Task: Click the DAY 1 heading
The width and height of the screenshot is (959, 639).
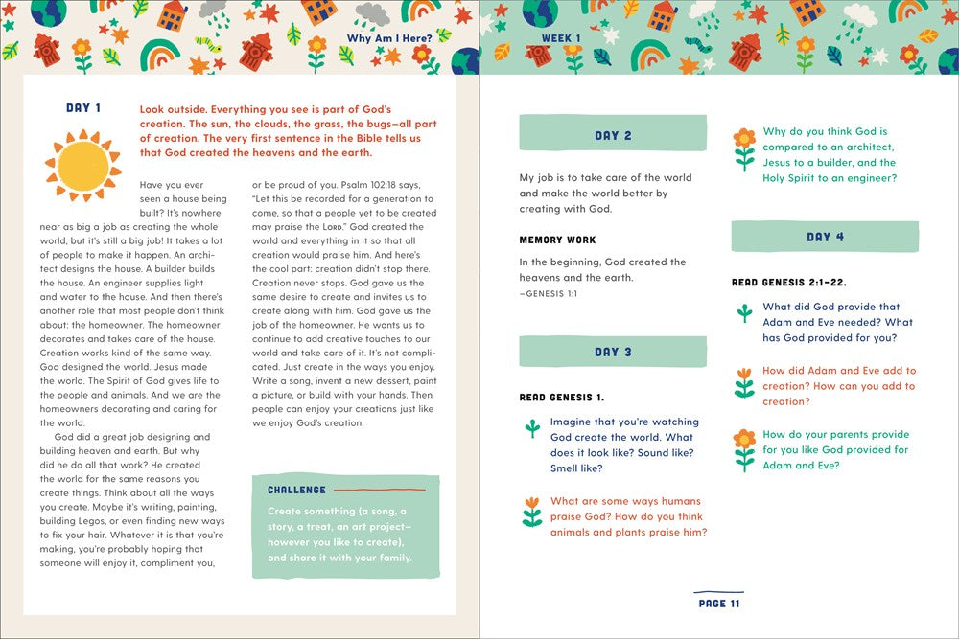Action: click(83, 108)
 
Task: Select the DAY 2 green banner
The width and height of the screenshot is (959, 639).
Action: click(613, 135)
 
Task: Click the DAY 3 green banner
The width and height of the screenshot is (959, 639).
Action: click(613, 352)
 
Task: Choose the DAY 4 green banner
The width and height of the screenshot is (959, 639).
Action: click(825, 237)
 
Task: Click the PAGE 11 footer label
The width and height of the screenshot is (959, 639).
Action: click(719, 604)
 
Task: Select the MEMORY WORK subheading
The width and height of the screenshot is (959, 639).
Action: click(557, 240)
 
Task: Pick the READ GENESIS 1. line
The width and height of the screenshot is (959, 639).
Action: click(561, 397)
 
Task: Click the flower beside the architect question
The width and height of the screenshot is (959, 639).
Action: click(744, 148)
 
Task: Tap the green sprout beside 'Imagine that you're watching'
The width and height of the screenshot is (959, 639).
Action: click(532, 427)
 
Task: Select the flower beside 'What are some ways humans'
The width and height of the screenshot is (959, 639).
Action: click(532, 512)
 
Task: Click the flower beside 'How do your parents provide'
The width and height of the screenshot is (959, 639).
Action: click(744, 449)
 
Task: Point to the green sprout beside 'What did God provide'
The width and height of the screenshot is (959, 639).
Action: click(744, 312)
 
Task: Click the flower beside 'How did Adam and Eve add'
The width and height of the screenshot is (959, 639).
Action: click(744, 382)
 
